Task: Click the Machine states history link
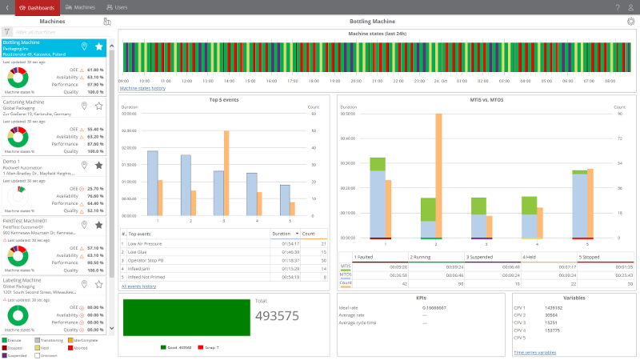tap(142, 88)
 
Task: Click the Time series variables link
tap(535, 351)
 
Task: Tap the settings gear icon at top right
tap(630, 21)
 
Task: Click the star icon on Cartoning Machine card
tap(99, 106)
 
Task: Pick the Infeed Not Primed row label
tap(149, 277)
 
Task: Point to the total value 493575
tap(276, 315)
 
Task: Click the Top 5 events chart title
tap(223, 99)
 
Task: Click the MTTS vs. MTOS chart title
tap(486, 99)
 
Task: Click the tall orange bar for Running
tap(438, 175)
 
